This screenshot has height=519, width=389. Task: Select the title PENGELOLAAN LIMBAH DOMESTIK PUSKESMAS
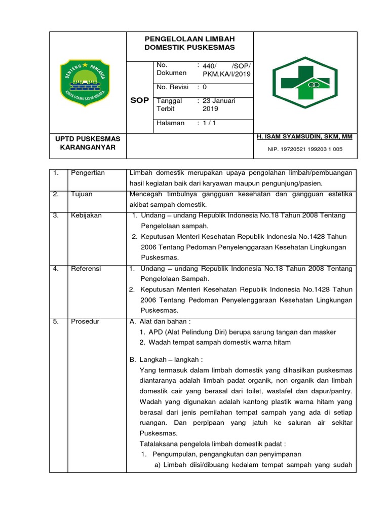(x=189, y=43)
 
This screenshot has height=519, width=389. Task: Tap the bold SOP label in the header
(x=139, y=100)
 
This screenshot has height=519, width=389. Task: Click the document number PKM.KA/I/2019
(x=226, y=74)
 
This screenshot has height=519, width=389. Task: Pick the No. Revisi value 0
(x=205, y=87)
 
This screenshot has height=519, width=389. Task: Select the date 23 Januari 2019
(x=219, y=104)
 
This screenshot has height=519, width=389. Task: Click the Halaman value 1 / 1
(x=210, y=123)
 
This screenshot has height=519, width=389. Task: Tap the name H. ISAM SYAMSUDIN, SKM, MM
(x=305, y=137)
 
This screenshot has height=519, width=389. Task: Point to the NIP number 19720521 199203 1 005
(x=305, y=149)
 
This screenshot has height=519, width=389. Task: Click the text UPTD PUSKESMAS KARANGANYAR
(x=87, y=142)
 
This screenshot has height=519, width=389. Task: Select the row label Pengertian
(x=88, y=173)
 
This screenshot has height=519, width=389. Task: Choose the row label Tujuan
(x=82, y=194)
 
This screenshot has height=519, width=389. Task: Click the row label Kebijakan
(x=86, y=215)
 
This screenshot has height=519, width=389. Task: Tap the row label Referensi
(x=86, y=269)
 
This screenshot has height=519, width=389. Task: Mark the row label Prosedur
(x=85, y=321)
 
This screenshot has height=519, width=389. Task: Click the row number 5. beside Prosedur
(x=56, y=321)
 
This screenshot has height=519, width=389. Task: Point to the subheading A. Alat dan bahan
(x=160, y=321)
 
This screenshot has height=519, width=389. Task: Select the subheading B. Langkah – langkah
(x=165, y=359)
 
